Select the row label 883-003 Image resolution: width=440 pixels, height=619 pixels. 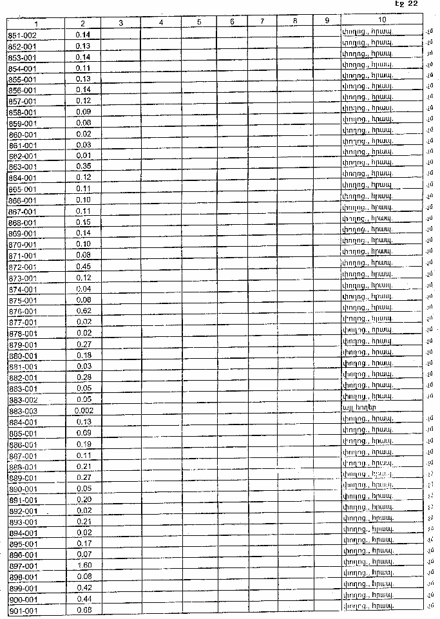(x=23, y=411)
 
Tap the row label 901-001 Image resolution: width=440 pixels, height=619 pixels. (x=23, y=610)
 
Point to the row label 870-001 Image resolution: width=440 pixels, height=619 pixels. (x=23, y=245)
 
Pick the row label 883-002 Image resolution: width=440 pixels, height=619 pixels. (x=23, y=400)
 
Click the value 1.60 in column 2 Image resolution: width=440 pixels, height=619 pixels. (x=83, y=566)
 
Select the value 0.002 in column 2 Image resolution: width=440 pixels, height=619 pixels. (x=83, y=411)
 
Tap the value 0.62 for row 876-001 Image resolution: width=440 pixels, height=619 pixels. (x=83, y=311)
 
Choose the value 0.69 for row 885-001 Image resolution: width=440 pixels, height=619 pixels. (x=83, y=433)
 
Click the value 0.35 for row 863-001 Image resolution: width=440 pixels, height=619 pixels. (x=83, y=167)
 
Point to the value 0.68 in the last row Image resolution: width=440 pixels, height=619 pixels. (x=83, y=610)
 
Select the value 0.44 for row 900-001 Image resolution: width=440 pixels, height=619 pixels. (x=83, y=599)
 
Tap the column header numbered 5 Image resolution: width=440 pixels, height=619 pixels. (x=199, y=22)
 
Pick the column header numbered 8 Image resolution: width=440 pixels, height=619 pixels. (x=294, y=21)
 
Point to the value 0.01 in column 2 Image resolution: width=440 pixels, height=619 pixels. (x=83, y=156)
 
